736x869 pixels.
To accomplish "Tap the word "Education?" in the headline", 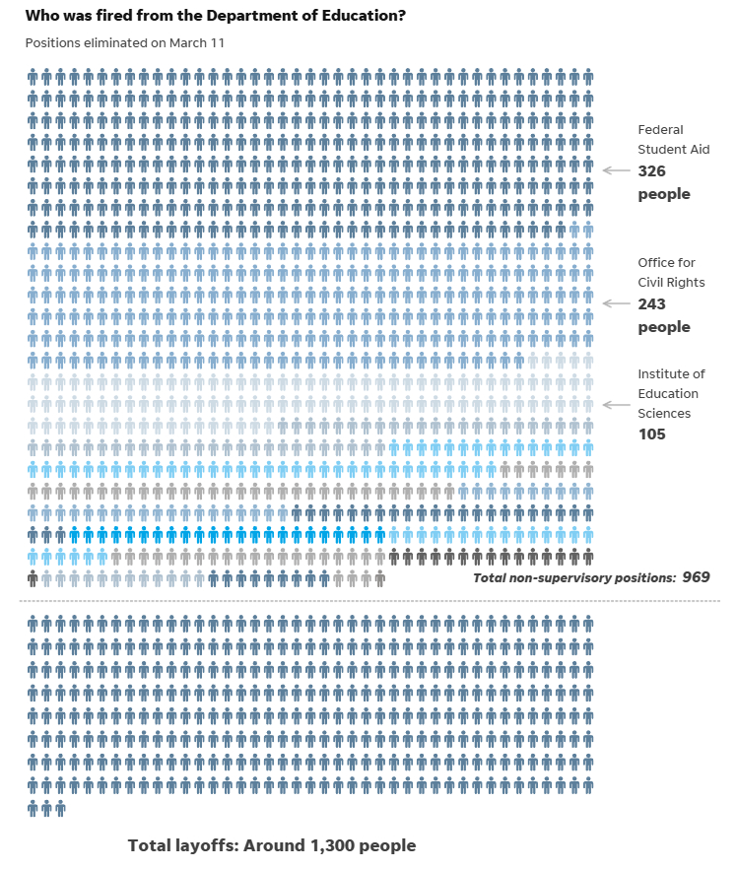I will pyautogui.click(x=360, y=17).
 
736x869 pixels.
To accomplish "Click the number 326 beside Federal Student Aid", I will pyautogui.click(x=651, y=170).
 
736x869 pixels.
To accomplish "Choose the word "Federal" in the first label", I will pyautogui.click(x=660, y=129).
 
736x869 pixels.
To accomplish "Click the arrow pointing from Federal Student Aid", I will pyautogui.click(x=616, y=170).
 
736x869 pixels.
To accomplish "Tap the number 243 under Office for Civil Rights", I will pyautogui.click(x=651, y=304).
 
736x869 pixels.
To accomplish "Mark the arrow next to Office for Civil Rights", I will pyautogui.click(x=616, y=303).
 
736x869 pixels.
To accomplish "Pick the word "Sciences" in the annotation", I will pyautogui.click(x=665, y=414).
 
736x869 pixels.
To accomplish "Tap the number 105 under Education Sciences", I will pyautogui.click(x=651, y=434).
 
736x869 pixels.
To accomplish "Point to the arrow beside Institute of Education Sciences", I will pyautogui.click(x=616, y=405).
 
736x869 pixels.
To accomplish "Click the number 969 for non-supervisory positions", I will pyautogui.click(x=696, y=577).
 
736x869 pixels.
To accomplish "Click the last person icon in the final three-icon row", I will pyautogui.click(x=60, y=809).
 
